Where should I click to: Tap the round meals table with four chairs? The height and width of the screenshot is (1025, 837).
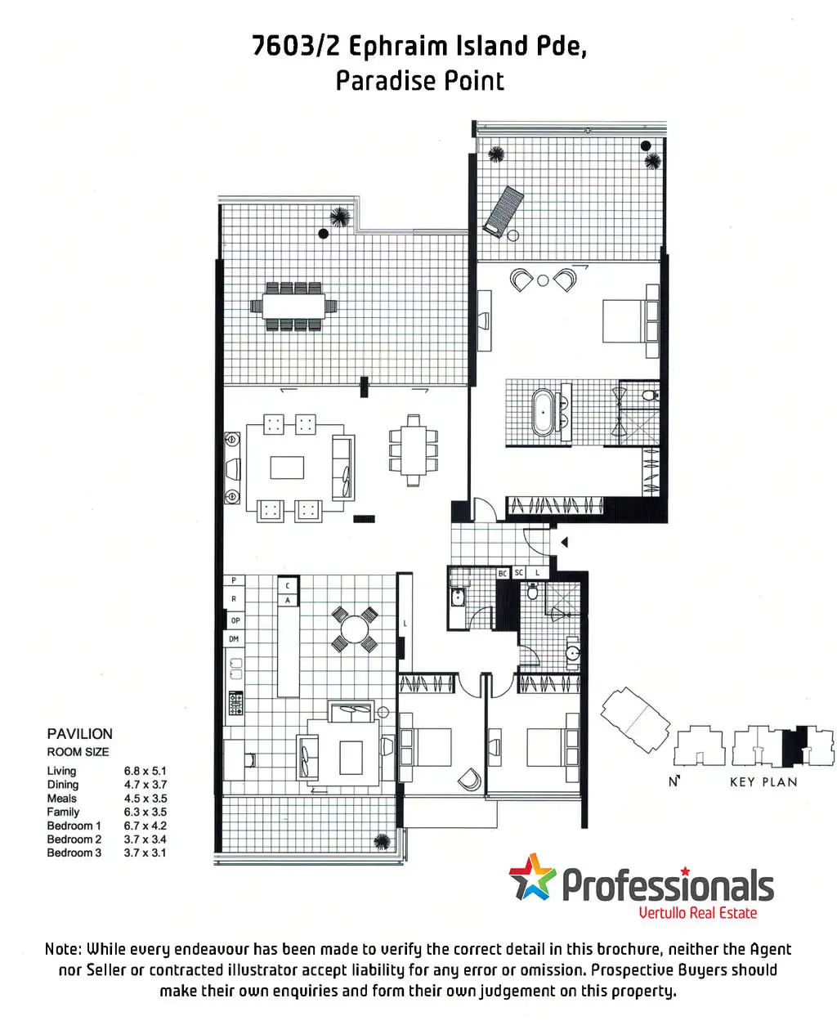click(355, 629)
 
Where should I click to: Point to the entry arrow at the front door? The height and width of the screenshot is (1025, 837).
click(563, 542)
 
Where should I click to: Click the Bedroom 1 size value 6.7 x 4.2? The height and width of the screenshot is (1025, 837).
click(145, 826)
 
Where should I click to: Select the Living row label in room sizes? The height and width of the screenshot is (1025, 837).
click(61, 771)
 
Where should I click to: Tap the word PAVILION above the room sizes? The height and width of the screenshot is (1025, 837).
click(79, 734)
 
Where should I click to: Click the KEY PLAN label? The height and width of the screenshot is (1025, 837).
click(763, 782)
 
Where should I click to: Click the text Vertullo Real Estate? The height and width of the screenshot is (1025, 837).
click(697, 913)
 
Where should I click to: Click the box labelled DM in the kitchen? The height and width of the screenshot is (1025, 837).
click(234, 639)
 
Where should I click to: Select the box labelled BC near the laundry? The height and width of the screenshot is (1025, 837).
click(503, 574)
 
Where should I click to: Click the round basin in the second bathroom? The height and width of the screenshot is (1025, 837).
click(572, 654)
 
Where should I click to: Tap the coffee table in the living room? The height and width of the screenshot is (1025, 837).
click(287, 468)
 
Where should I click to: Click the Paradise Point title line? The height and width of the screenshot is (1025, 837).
click(419, 81)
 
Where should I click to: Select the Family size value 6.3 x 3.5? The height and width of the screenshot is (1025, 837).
click(145, 812)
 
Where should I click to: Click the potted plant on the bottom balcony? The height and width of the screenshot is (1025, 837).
click(380, 841)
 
